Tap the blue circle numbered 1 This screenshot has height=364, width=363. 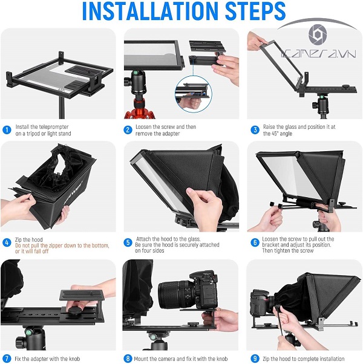[7, 130]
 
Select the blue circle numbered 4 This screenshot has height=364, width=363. [7, 243]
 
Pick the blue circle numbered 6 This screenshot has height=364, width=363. [255, 242]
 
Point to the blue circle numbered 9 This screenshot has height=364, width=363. [255, 358]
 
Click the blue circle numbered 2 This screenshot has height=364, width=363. [128, 130]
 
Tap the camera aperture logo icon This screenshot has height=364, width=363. [318, 34]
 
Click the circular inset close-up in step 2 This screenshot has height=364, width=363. [193, 94]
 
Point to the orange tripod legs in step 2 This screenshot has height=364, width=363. [140, 110]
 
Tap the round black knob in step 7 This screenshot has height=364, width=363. [74, 310]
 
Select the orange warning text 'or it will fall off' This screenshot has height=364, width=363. [32, 251]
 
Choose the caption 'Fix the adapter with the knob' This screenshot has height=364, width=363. [47, 359]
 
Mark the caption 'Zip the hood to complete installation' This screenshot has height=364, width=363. [304, 359]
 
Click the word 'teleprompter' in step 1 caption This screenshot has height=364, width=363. [54, 127]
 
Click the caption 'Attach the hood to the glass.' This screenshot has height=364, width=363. [168, 239]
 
